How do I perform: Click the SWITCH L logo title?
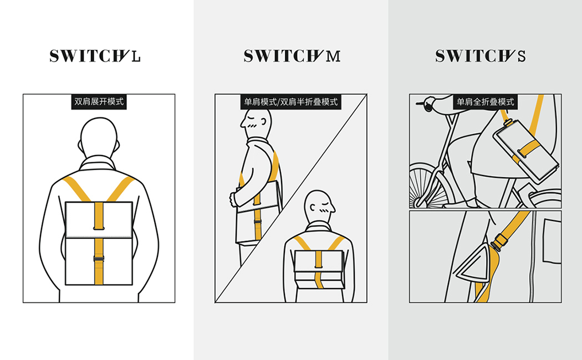[95, 56]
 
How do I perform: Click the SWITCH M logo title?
[292, 56]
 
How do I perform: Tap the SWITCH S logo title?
[481, 56]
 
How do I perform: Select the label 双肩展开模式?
[99, 101]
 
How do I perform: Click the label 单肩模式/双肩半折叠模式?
[290, 101]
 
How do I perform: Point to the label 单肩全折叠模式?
[485, 101]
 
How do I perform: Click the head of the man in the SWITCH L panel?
[99, 138]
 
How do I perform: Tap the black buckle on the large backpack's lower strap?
[99, 259]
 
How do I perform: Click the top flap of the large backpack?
[99, 219]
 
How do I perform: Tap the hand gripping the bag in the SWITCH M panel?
[233, 198]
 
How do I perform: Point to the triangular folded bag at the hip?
[475, 263]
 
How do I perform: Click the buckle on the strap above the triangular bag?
[501, 240]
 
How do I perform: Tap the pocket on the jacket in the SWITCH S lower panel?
[552, 241]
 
